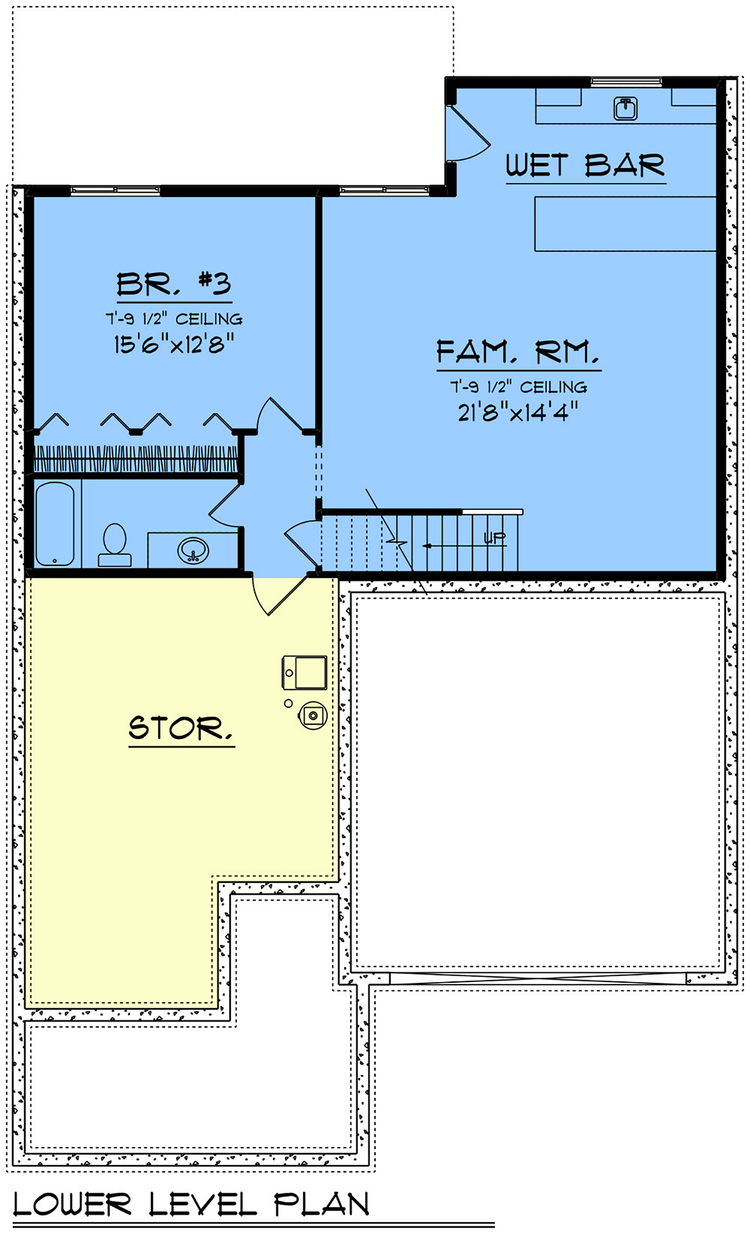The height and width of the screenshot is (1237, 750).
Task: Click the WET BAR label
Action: point(585,166)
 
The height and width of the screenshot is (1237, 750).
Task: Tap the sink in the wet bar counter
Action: point(625,108)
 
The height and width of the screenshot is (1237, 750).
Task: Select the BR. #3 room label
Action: point(174,284)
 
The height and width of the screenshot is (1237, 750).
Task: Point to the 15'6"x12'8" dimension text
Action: point(174,344)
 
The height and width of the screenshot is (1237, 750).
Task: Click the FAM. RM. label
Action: point(518,352)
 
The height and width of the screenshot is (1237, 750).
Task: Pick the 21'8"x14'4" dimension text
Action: point(518,412)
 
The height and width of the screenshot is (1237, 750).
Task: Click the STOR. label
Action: point(181,728)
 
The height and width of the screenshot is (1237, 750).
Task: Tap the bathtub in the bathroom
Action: point(55,524)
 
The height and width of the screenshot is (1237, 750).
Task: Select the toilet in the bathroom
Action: point(114,545)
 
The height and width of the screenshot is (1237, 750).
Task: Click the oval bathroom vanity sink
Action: point(193,550)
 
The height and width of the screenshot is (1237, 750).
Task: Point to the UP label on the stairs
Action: point(494,538)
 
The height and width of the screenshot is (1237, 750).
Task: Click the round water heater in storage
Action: point(313,715)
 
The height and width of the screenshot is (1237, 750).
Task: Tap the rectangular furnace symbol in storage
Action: point(304,672)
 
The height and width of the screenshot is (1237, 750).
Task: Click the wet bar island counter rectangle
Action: point(625,224)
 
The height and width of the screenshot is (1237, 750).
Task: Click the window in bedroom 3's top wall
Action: point(115,191)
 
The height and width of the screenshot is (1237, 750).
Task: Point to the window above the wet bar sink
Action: point(626,81)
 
